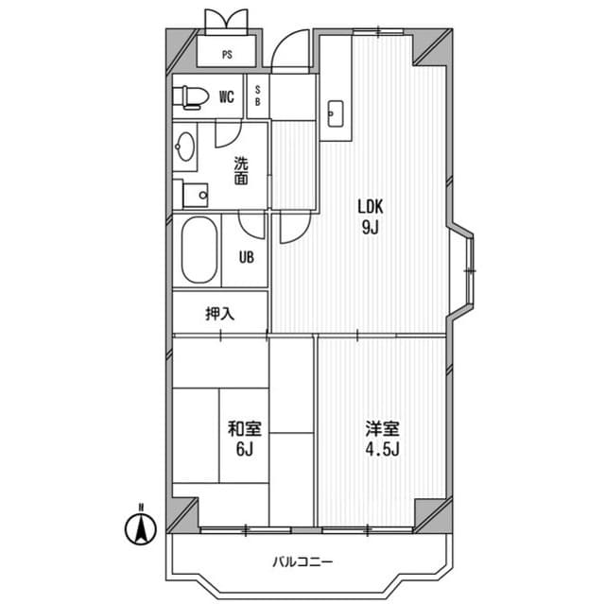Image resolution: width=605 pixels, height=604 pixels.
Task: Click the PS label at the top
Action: coord(227,54)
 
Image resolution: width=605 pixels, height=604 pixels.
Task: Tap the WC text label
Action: coord(227,96)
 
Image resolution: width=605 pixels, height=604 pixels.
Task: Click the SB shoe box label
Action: coord(258,96)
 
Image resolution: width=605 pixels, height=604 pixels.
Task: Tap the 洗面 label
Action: coord(242,169)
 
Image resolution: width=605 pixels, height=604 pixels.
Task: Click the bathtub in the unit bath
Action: coord(198,250)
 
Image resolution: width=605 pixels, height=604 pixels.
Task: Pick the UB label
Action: coord(246,256)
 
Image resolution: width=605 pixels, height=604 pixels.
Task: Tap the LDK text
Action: coord(370,206)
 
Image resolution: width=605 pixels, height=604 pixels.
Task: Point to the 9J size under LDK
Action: coord(369,227)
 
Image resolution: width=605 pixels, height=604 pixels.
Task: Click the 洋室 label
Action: coord(382,427)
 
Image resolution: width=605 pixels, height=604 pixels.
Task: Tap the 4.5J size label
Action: coord(382,448)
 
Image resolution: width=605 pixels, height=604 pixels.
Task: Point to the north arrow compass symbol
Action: coord(139,526)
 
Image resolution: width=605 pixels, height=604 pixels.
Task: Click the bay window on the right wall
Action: coord(467,270)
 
